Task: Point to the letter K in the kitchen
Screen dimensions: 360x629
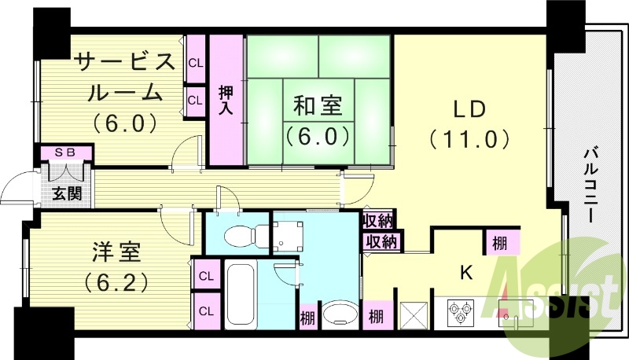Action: point(465,273)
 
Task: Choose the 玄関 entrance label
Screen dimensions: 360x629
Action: point(64,193)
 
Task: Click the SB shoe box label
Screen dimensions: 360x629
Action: point(64,152)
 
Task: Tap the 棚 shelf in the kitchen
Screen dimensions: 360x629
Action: point(499,241)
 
